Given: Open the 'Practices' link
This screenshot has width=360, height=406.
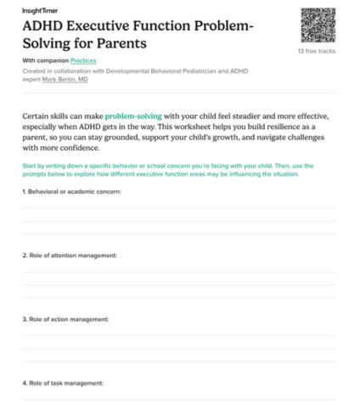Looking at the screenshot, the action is point(83,62).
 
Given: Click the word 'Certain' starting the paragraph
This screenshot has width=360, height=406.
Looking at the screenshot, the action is point(39,115).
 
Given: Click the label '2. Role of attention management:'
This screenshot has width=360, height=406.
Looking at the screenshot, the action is point(69,255).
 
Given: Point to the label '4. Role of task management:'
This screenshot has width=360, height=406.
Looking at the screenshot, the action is point(62,383).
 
